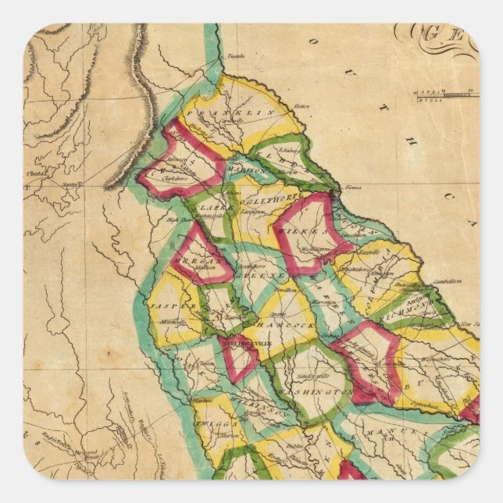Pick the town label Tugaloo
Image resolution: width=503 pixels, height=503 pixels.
pyautogui.click(x=235, y=56)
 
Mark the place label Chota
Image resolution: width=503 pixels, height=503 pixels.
pyautogui.click(x=34, y=173)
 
